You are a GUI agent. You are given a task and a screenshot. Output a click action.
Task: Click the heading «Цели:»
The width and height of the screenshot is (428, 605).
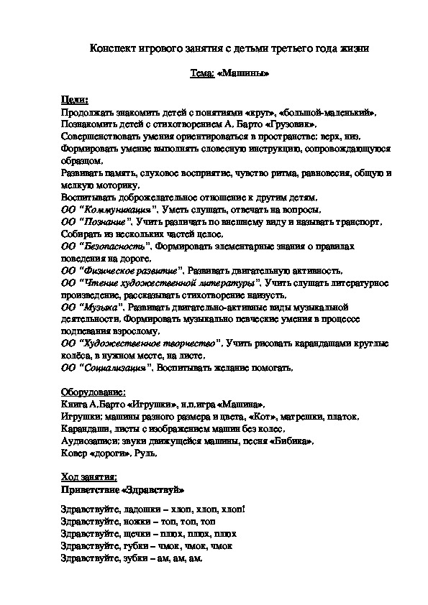pyautogui.click(x=75, y=99)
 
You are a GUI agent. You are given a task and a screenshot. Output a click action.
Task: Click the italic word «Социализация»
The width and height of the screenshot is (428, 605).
pyautogui.click(x=116, y=368)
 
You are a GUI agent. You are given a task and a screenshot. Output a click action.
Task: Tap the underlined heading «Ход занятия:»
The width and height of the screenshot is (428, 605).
pyautogui.click(x=88, y=478)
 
